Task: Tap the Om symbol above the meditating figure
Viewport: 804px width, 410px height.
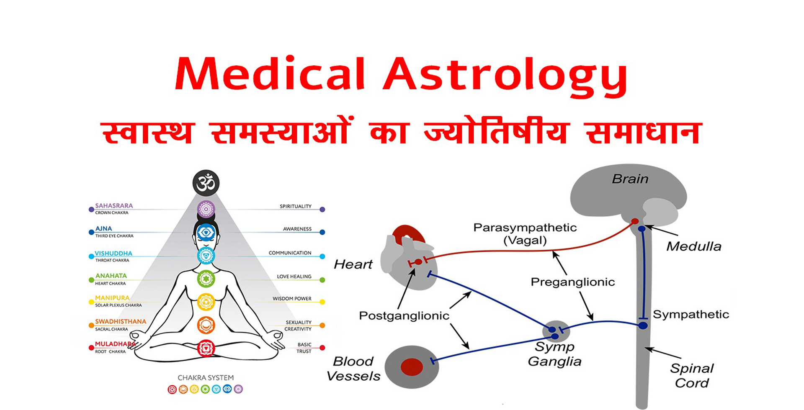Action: [206, 183]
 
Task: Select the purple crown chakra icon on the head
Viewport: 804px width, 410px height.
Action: [206, 209]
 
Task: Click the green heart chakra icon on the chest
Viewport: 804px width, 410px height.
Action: [206, 279]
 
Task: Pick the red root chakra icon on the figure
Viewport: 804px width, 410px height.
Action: [206, 348]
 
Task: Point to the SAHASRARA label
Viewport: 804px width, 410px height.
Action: [114, 205]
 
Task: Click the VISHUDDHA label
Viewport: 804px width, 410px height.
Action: [113, 253]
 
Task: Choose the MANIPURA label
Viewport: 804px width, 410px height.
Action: [112, 298]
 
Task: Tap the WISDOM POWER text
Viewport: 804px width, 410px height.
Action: [292, 299]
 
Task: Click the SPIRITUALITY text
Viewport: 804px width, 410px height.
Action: [296, 206]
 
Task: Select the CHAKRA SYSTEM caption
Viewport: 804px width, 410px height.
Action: [206, 378]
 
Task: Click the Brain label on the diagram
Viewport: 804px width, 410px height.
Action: [630, 179]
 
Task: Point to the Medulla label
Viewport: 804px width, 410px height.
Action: [694, 246]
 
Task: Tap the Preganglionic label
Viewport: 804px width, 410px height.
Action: [573, 282]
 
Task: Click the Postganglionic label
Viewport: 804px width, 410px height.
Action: [404, 316]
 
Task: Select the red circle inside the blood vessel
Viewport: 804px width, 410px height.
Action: [412, 367]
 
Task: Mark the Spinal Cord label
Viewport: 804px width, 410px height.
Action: [692, 376]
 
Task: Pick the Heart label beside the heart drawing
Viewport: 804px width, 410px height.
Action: [353, 264]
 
